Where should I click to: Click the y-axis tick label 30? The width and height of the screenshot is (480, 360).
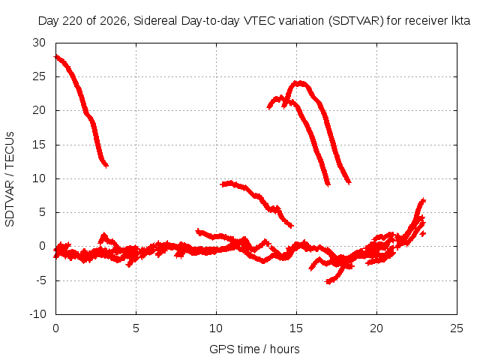(x=39, y=43)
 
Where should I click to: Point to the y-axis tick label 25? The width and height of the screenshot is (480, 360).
(x=39, y=76)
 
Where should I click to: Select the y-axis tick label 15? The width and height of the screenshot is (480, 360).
(x=39, y=145)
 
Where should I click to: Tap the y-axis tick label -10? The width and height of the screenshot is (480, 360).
(x=37, y=314)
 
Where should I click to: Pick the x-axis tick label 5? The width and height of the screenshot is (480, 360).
(x=136, y=328)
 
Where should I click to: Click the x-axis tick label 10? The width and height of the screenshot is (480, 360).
(x=216, y=328)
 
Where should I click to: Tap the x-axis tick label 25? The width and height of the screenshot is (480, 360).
(x=457, y=328)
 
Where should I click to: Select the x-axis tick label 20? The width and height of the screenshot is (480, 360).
(x=376, y=328)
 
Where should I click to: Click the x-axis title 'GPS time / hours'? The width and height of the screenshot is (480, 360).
(x=254, y=349)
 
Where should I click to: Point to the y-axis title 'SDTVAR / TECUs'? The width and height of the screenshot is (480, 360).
(x=10, y=179)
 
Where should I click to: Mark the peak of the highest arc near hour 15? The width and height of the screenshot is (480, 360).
(x=298, y=83)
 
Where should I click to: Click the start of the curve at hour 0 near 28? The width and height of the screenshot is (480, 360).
(x=56, y=57)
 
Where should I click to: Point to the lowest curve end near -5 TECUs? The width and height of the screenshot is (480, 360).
(x=328, y=282)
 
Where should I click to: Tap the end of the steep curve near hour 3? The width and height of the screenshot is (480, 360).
(x=106, y=165)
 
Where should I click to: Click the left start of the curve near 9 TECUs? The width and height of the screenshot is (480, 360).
(x=222, y=184)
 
